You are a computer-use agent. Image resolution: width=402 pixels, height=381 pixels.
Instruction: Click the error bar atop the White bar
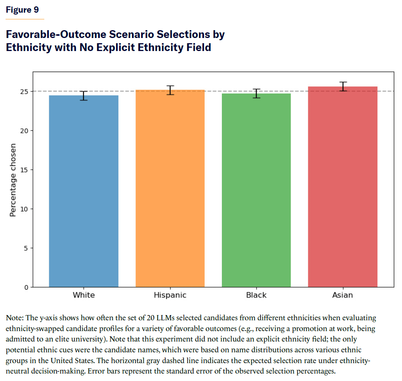[84, 96]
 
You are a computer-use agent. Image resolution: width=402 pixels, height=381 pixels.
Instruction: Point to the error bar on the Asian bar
[342, 86]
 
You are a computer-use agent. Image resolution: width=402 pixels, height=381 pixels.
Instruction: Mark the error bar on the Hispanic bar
[170, 90]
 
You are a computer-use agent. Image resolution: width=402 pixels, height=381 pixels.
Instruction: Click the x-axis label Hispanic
[170, 295]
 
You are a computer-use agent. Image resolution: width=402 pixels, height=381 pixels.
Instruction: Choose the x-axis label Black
[256, 295]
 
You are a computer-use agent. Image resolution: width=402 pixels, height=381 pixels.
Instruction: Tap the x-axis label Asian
[342, 295]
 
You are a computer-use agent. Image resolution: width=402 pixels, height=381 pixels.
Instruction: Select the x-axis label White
[84, 295]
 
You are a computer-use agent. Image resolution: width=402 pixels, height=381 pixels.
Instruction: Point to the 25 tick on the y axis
[24, 91]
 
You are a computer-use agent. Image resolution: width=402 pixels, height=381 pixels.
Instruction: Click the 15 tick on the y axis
[24, 170]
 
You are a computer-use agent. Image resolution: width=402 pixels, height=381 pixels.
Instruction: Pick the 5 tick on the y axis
[26, 248]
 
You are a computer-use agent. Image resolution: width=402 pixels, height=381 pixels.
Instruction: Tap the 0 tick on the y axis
[26, 287]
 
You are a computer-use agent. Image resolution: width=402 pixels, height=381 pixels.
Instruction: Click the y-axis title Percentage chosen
[13, 180]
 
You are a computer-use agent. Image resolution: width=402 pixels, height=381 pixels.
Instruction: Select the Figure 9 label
[22, 10]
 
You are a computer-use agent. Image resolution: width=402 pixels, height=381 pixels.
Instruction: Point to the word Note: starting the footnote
[14, 318]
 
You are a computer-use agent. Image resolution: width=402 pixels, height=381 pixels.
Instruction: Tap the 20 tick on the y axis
[24, 131]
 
